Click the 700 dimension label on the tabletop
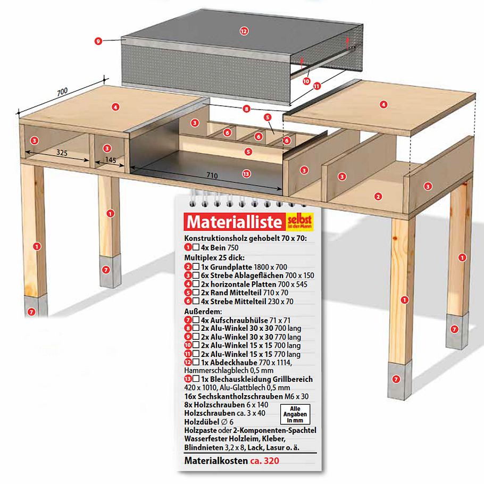[x=62, y=91]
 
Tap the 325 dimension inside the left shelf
[x=62, y=153]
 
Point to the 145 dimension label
[x=111, y=160]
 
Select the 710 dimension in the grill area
[x=212, y=176]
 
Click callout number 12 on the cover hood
[x=244, y=31]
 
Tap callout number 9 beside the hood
[x=98, y=41]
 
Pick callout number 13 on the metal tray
[x=246, y=174]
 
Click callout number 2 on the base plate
[x=378, y=196]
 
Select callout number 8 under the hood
[x=246, y=109]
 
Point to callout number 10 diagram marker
[x=306, y=81]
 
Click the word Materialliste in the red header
[x=235, y=222]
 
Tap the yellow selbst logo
[x=300, y=221]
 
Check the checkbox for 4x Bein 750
[x=196, y=247]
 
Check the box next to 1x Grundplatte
[x=196, y=266]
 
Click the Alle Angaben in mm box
[x=295, y=414]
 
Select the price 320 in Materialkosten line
[x=272, y=461]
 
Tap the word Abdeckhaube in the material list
[x=229, y=362]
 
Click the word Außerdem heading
[x=203, y=311]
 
